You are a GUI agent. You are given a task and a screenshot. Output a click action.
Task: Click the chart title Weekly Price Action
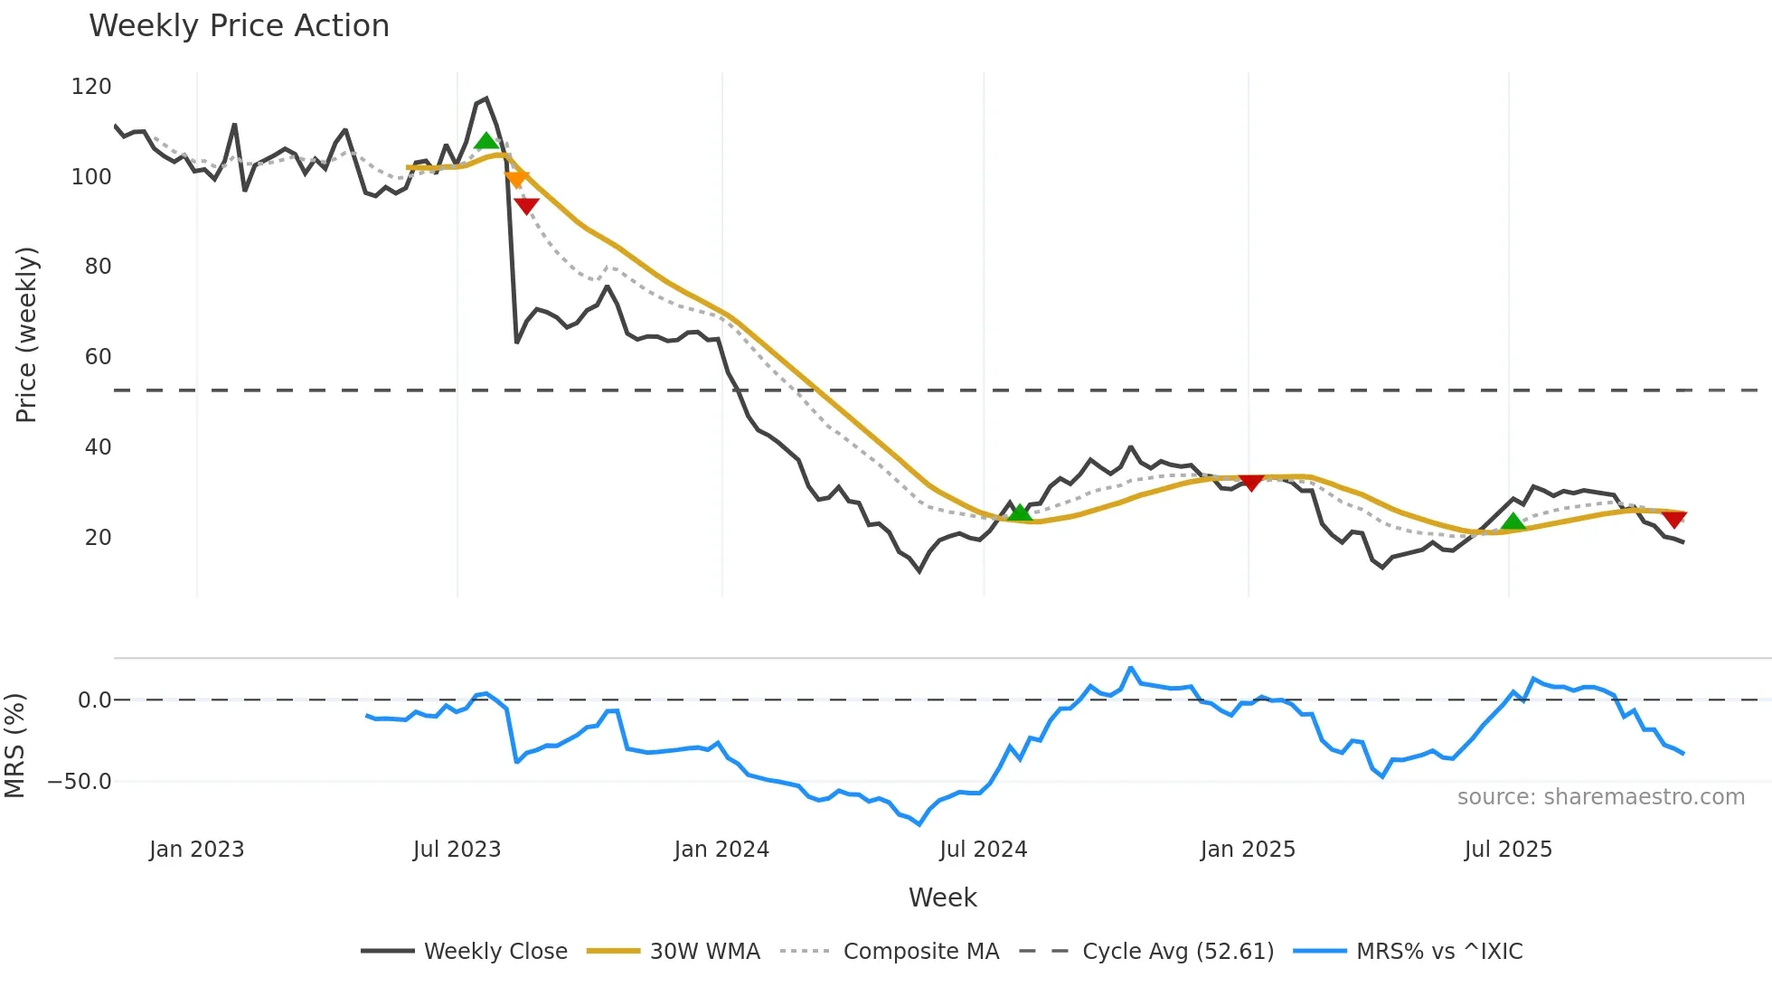coord(239,26)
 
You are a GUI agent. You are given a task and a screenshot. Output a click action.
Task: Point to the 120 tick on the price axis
coord(91,87)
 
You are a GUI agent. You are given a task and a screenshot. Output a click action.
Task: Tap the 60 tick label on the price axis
coord(98,357)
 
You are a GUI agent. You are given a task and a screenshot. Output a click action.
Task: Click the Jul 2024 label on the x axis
coord(983,850)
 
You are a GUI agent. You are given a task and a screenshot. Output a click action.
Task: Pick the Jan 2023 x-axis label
coord(196,850)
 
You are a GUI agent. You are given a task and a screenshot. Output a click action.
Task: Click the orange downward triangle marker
coord(516,179)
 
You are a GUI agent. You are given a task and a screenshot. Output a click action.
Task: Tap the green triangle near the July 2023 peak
coord(486,141)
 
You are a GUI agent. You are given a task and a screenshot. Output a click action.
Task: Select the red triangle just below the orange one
coord(526,206)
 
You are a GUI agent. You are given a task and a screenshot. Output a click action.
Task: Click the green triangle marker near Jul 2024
coord(1020,512)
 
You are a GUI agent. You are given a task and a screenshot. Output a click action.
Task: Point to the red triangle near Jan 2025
coord(1251,483)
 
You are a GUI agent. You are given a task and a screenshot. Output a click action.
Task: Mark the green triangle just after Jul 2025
coord(1513,521)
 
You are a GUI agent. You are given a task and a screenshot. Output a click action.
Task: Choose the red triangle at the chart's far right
coord(1674,520)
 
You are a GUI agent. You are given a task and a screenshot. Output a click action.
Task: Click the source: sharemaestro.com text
coord(1600,797)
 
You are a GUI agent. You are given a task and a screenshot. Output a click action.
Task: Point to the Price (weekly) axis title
coord(26,334)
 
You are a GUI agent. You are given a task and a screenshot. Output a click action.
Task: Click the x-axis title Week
coord(942,897)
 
